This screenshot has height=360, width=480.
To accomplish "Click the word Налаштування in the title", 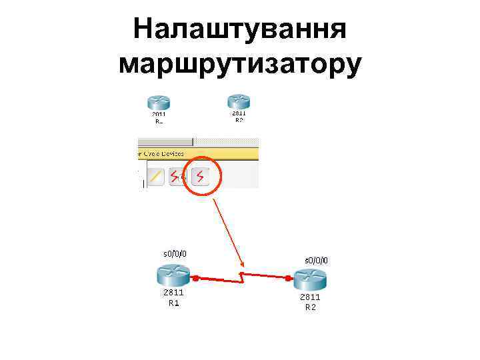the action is point(240,29).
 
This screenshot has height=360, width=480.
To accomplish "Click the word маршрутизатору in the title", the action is point(240,64).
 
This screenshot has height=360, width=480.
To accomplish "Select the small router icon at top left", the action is point(159,102).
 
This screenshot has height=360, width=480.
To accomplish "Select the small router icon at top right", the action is point(238,100).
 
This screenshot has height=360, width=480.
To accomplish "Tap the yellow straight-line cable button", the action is point(156,177).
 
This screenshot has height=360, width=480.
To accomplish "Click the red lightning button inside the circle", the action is point(200,176).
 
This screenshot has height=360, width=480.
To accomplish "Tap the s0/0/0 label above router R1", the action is point(175,253).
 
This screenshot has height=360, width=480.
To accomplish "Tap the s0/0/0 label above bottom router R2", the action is point(316,260).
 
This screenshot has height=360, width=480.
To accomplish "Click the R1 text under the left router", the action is point(173,303).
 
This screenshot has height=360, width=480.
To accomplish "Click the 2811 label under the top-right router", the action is point(239,113).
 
